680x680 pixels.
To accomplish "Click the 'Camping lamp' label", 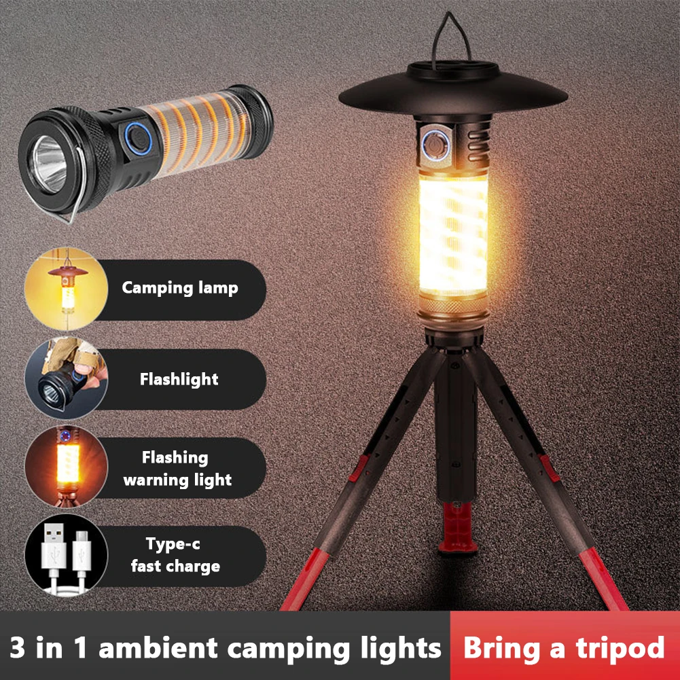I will pos(180,288).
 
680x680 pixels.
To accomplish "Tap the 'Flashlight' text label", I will pos(179,379).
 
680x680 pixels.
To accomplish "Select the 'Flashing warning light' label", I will pos(177,469).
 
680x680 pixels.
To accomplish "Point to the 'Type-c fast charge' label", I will pos(175,555).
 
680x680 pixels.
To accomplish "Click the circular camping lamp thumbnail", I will pos(66,289).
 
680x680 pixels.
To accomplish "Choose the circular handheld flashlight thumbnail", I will pos(66,379).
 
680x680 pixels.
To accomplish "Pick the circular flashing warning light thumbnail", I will pos(66,468).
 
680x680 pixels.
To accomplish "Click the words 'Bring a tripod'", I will pos(564,647).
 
